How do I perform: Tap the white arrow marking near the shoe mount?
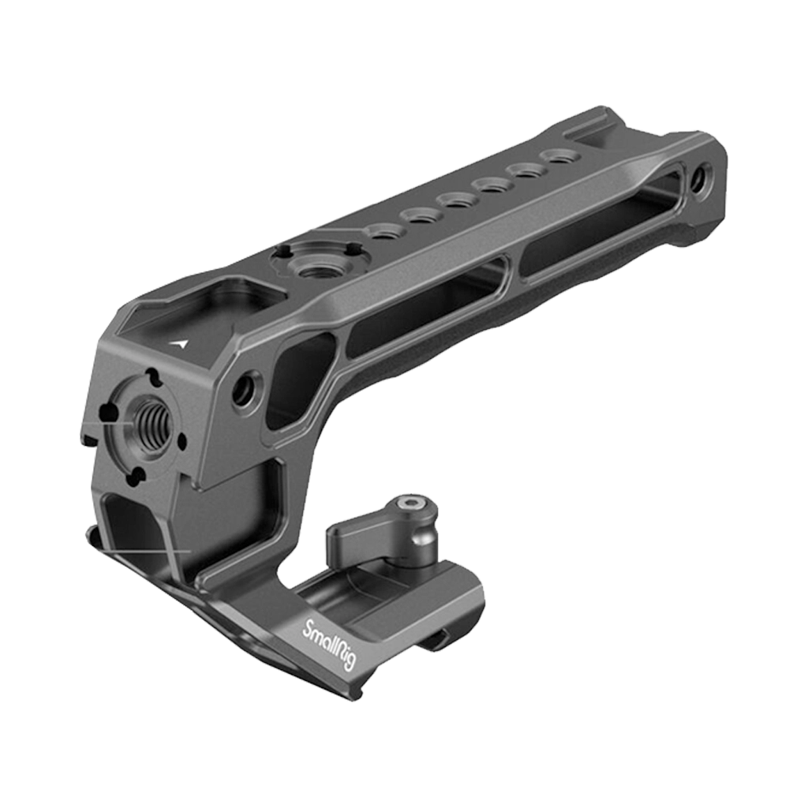(183, 344)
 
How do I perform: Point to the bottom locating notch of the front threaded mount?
(136, 474)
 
